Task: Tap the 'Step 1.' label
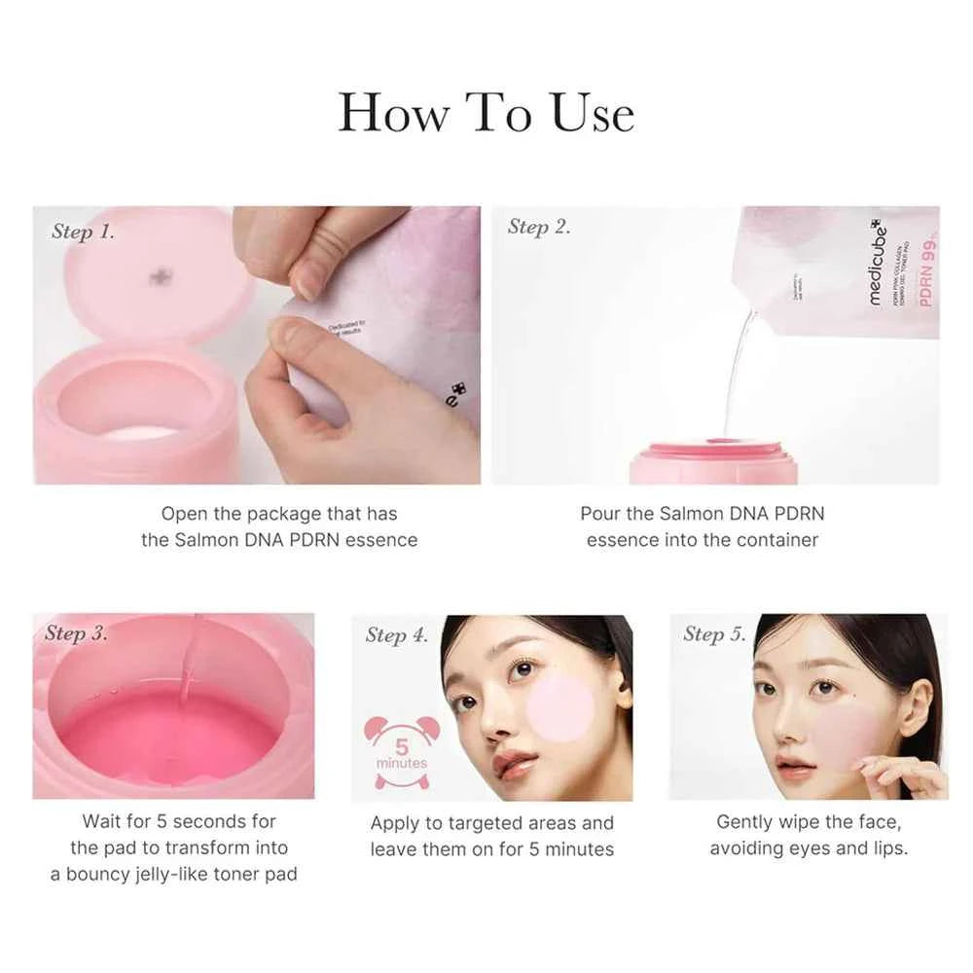[x=83, y=232]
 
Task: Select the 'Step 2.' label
[x=539, y=227]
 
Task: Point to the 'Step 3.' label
[x=76, y=633]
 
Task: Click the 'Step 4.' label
[x=396, y=635]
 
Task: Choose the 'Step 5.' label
[x=714, y=634]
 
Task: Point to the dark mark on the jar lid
[x=161, y=278]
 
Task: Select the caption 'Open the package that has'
[x=279, y=514]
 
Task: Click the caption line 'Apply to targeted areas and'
[x=491, y=823]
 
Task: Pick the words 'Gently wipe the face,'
[x=808, y=822]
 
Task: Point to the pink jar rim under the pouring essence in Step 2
[x=713, y=450]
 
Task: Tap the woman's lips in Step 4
[x=515, y=765]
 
